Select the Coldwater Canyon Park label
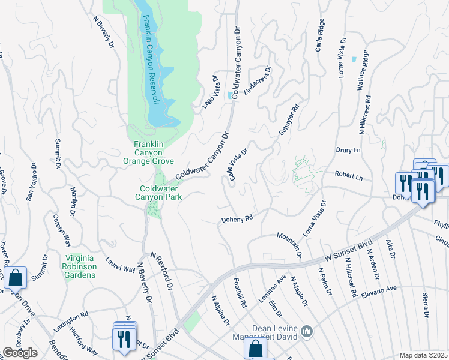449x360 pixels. tap(157, 192)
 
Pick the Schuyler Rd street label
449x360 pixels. tap(288, 121)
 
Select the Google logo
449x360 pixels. tap(20, 353)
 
